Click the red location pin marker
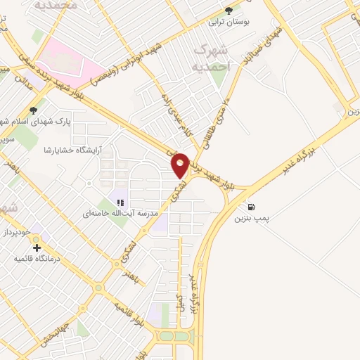(181, 165)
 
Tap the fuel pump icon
(252, 207)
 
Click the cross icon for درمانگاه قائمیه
(37, 247)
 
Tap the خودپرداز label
(18, 231)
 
